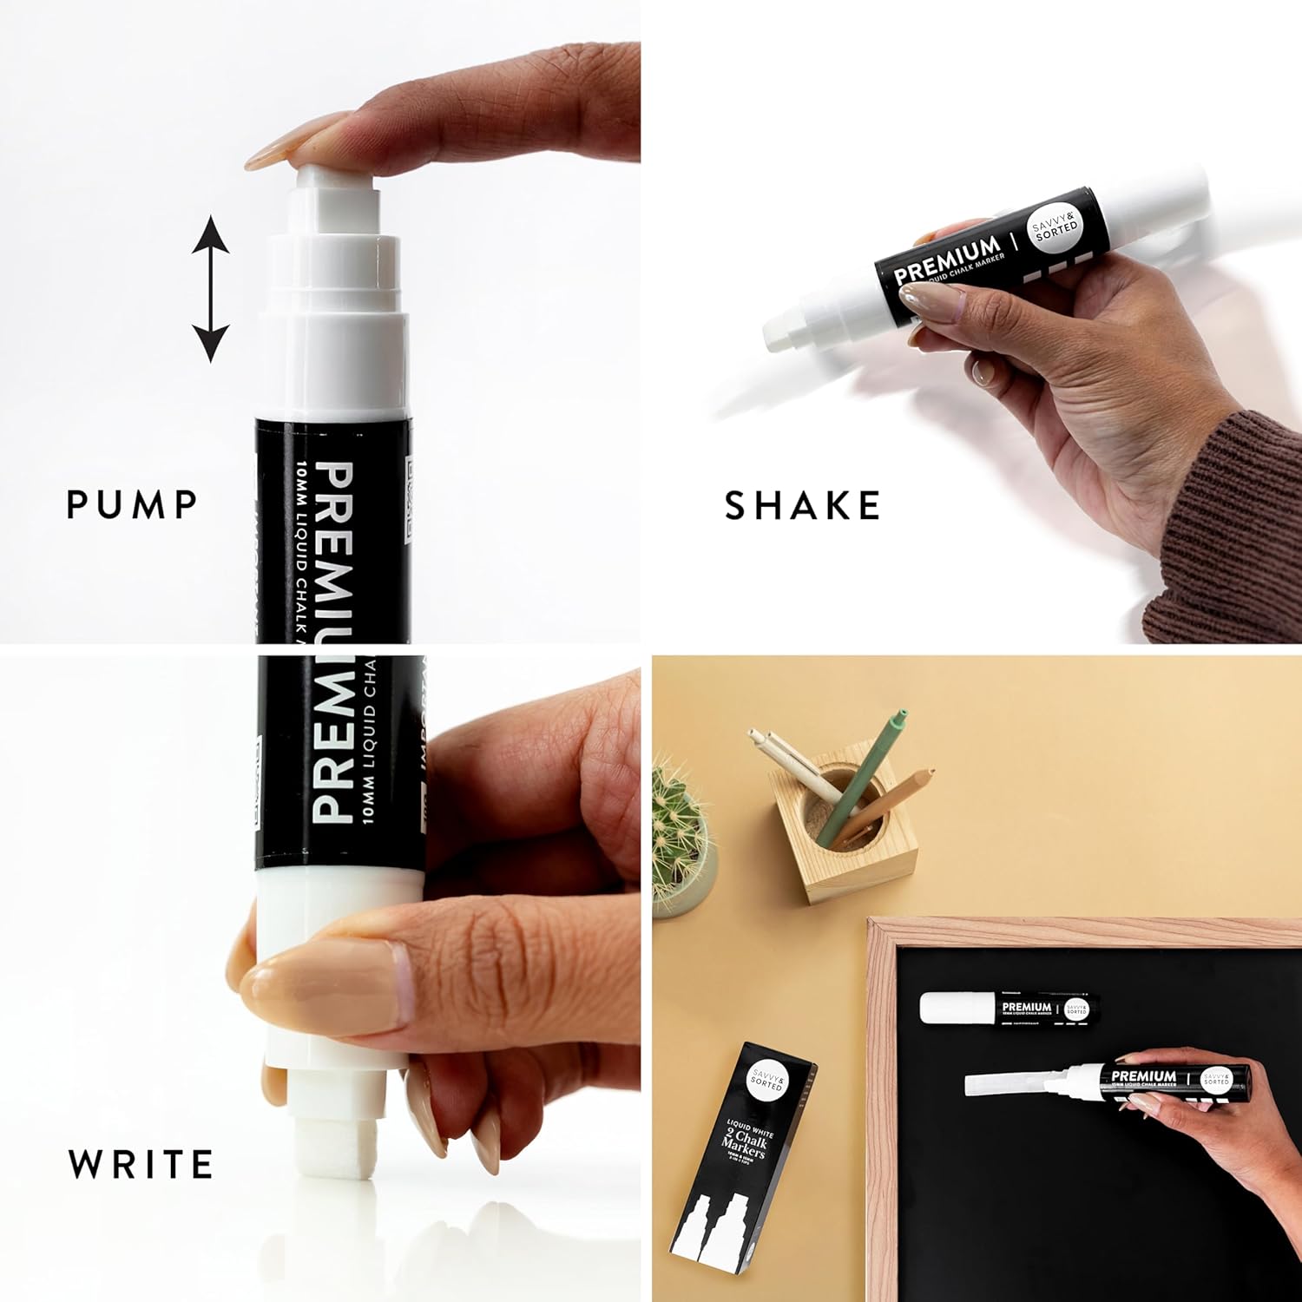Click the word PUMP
click(132, 504)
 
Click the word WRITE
click(141, 1164)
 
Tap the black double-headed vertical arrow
click(210, 289)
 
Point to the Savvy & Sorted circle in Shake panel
click(1055, 230)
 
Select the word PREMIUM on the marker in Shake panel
click(948, 260)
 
